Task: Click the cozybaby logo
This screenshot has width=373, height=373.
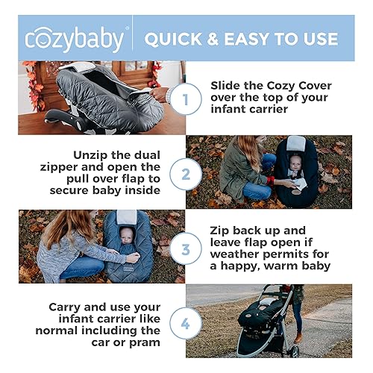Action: pos(75,38)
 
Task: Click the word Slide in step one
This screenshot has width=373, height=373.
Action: pos(227,84)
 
